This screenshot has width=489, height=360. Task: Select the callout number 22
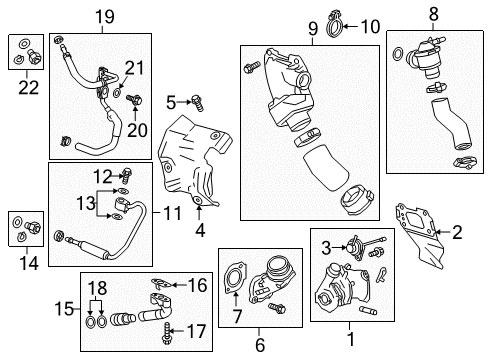tap(22, 87)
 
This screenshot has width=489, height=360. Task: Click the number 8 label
tap(433, 15)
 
